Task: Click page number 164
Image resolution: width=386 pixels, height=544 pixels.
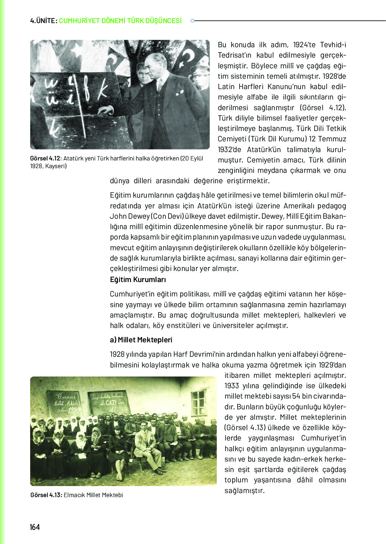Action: click(35, 527)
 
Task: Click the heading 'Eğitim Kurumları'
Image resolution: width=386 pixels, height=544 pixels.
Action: click(138, 279)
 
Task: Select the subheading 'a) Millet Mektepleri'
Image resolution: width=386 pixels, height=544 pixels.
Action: click(141, 340)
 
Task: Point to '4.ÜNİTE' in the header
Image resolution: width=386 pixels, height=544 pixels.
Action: click(43, 21)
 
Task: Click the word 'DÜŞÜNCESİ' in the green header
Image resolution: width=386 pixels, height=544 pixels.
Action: click(163, 21)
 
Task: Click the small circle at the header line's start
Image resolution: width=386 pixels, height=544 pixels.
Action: click(192, 21)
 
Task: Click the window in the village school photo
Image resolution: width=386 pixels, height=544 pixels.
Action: click(198, 402)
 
